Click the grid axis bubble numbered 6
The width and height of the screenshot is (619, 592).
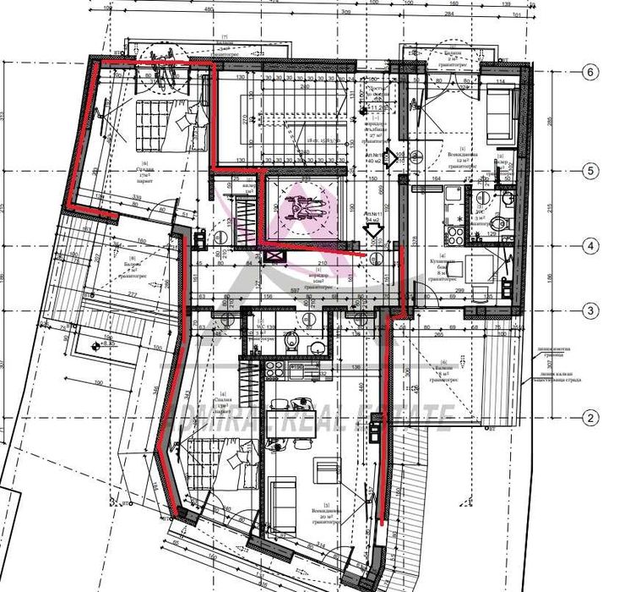(x=590, y=72)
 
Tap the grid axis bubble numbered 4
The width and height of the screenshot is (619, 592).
(x=590, y=248)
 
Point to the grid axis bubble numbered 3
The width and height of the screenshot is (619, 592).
(x=590, y=311)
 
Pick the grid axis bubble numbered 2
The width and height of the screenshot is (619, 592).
(x=590, y=417)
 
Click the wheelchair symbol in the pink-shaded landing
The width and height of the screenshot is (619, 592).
(x=302, y=206)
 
